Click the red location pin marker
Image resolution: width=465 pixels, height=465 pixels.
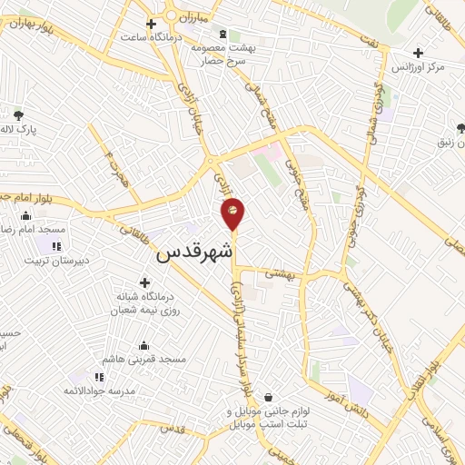point(233,213)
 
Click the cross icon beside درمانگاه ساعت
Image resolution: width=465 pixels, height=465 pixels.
point(151,24)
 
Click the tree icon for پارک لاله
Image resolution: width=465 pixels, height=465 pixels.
point(19,115)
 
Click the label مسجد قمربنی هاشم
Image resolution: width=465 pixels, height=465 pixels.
point(143,360)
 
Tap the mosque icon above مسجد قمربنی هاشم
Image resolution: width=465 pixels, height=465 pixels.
point(143,345)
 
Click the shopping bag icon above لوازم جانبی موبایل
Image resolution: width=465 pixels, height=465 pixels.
point(269,397)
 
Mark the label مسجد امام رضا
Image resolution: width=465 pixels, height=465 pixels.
point(28,231)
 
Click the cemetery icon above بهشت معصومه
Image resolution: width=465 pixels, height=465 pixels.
point(224,34)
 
